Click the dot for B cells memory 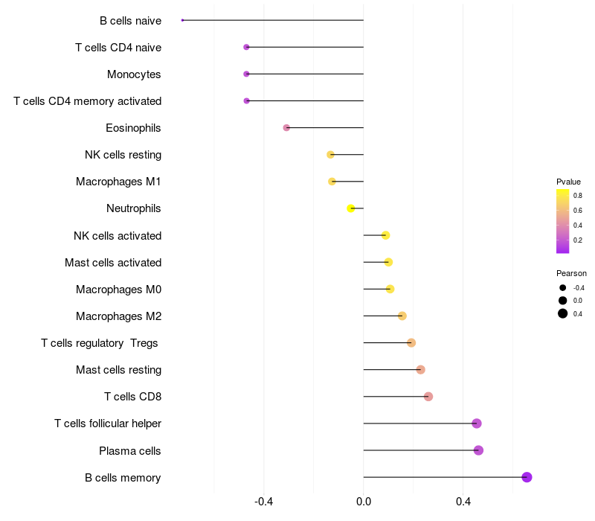pyautogui.click(x=527, y=477)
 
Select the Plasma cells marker pyautogui.click(x=478, y=450)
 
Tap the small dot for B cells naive pyautogui.click(x=182, y=20)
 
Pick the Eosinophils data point pyautogui.click(x=286, y=128)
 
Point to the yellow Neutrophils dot pyautogui.click(x=351, y=208)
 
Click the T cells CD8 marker pyautogui.click(x=428, y=397)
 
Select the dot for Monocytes pyautogui.click(x=246, y=74)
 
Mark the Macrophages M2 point pyautogui.click(x=402, y=316)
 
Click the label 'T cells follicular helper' pyautogui.click(x=108, y=423)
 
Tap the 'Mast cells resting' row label pyautogui.click(x=118, y=370)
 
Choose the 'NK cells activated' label pyautogui.click(x=118, y=236)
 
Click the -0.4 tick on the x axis pyautogui.click(x=264, y=502)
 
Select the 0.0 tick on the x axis pyautogui.click(x=364, y=502)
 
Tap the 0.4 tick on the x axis pyautogui.click(x=463, y=502)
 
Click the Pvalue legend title pyautogui.click(x=568, y=182)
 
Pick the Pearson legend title pyautogui.click(x=571, y=273)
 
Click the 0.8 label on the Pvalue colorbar pyautogui.click(x=578, y=196)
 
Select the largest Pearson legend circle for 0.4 pyautogui.click(x=563, y=313)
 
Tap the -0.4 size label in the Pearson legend pyautogui.click(x=578, y=288)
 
